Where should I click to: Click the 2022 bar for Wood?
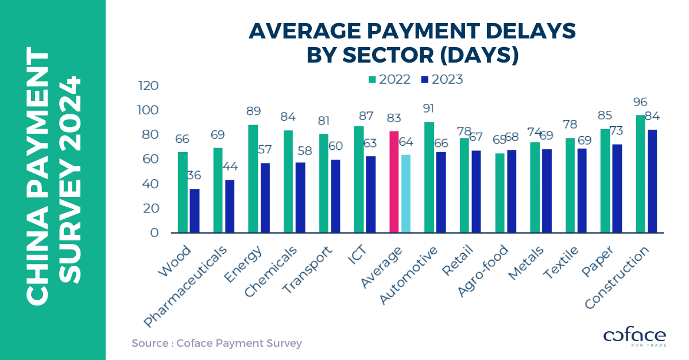click(x=183, y=192)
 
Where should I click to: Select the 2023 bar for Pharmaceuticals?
click(x=230, y=206)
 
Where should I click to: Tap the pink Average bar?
click(x=394, y=182)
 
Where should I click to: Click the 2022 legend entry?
click(x=390, y=80)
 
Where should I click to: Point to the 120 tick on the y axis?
click(x=148, y=86)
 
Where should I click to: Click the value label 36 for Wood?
click(x=195, y=176)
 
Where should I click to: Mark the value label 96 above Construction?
click(x=640, y=102)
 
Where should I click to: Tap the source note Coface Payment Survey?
click(x=216, y=343)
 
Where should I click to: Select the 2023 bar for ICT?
click(x=371, y=195)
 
